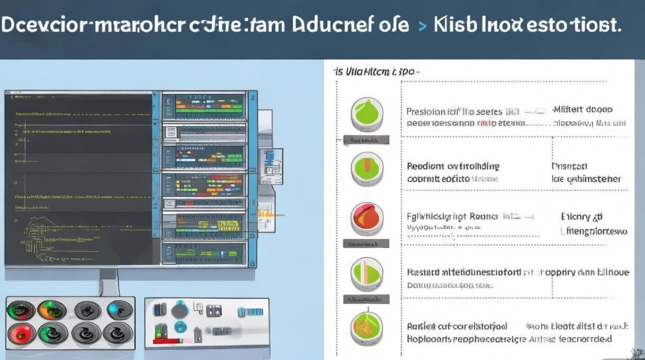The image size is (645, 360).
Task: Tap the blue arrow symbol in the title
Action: [421, 26]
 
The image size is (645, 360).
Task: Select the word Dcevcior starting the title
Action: [43, 25]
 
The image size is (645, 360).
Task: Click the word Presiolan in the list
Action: [427, 111]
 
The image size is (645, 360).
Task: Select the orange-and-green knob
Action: [52, 310]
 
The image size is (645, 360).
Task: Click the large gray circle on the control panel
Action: [179, 312]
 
